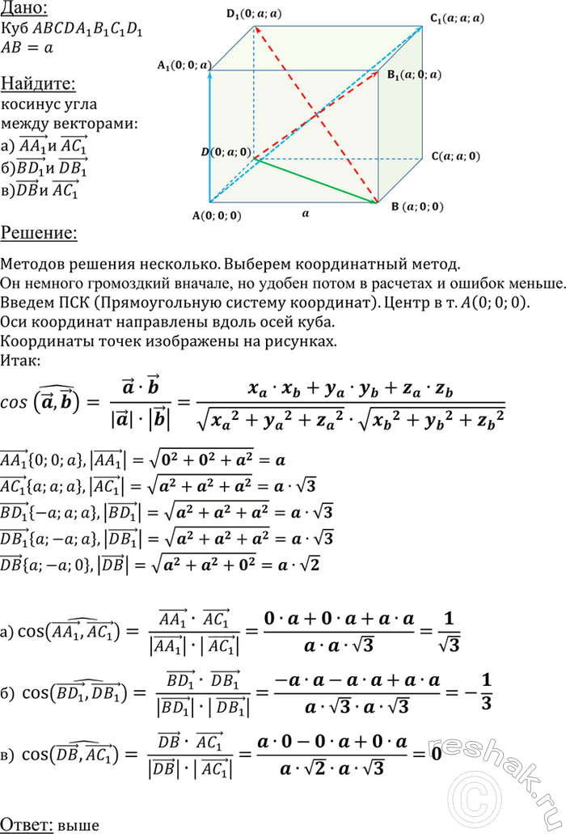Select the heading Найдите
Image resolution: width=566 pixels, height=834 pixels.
pos(38,83)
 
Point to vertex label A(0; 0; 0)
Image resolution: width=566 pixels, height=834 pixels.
pos(216,215)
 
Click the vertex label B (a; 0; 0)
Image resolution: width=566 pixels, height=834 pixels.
pos(417,206)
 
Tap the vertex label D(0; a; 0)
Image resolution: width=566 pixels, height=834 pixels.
pos(226,151)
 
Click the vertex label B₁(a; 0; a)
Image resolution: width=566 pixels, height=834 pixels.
pos(414,74)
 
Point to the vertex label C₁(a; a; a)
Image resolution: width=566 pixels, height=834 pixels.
pos(458,17)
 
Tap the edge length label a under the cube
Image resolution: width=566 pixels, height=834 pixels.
pos(305,214)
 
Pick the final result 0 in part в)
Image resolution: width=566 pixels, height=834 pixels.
pos(436,754)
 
